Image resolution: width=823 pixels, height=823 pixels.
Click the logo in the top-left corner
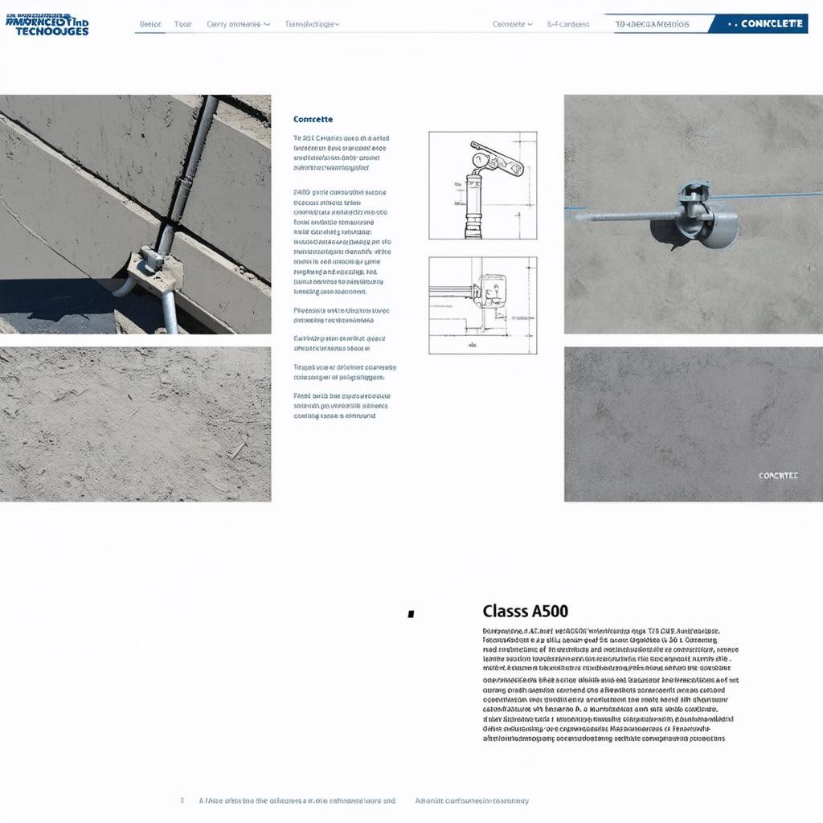coord(47,24)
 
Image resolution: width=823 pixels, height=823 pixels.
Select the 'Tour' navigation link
coord(183,24)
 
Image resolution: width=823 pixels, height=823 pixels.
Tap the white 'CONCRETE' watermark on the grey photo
coord(778,476)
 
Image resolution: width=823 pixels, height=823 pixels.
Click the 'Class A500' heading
coord(526,612)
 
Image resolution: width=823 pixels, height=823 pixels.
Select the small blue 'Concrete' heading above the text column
coord(313,119)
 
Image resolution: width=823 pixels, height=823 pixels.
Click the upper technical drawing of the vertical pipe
coord(482,185)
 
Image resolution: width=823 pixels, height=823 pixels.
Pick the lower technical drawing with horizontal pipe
coord(482,305)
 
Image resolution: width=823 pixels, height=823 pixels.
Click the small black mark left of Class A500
coord(411,614)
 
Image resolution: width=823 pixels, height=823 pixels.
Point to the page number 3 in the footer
coord(182,800)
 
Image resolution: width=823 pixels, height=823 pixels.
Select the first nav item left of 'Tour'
coord(150,24)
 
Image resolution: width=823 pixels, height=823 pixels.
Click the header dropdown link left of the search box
coord(512,24)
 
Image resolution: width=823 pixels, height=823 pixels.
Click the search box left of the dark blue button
coord(655,24)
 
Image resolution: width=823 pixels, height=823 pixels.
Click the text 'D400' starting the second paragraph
coord(301,193)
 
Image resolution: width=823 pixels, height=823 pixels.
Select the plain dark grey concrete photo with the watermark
coord(693,424)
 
